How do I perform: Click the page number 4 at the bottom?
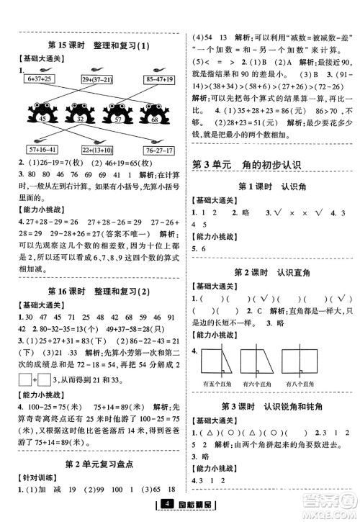coord(166,512)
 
